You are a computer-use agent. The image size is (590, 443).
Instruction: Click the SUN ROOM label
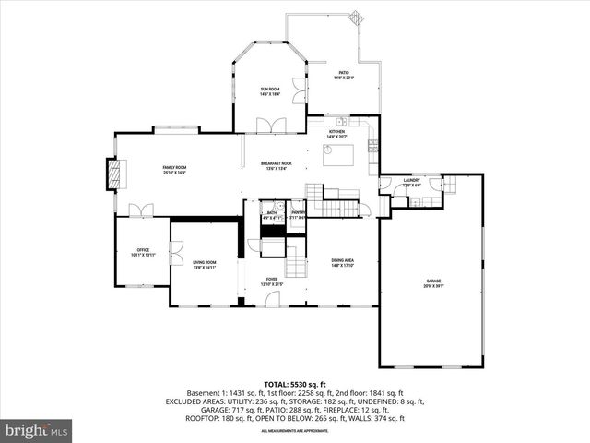point(269,90)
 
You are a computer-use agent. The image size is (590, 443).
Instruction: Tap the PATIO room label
point(343,75)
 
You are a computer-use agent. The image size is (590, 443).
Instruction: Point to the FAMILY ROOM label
point(175,169)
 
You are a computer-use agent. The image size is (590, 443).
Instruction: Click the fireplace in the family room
point(113,174)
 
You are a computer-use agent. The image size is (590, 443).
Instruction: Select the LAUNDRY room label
point(411,183)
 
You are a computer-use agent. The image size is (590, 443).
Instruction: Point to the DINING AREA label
point(343,263)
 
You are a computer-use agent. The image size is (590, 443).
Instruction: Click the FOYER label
point(272,281)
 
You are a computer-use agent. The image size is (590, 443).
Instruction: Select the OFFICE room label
point(143,252)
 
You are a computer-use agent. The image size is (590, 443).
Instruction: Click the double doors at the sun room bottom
point(269,125)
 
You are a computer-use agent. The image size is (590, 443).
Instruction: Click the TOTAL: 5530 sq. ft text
point(295,383)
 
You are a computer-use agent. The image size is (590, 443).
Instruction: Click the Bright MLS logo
point(37,430)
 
